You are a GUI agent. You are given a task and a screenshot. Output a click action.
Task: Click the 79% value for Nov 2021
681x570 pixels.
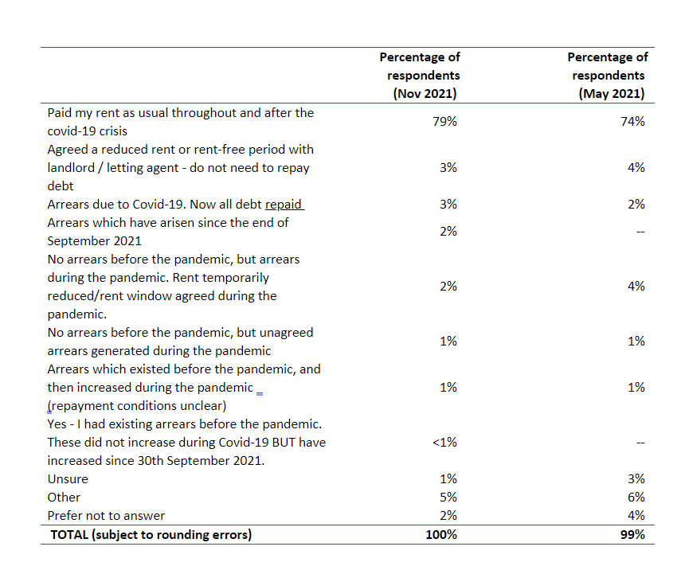pyautogui.click(x=444, y=122)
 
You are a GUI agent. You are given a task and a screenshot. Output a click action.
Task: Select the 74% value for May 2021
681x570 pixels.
pyautogui.click(x=632, y=122)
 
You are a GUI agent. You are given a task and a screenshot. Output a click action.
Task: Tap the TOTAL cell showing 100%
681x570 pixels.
pyautogui.click(x=441, y=534)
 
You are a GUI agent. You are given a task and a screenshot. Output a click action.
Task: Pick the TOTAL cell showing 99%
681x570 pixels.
pyautogui.click(x=632, y=534)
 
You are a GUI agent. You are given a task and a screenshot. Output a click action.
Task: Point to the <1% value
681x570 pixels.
pyautogui.click(x=444, y=443)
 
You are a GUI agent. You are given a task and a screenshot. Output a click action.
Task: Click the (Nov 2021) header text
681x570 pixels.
pyautogui.click(x=425, y=94)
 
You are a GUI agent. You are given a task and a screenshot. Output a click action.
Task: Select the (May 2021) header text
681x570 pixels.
pyautogui.click(x=612, y=94)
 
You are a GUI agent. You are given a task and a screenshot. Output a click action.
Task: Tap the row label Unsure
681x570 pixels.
pyautogui.click(x=68, y=478)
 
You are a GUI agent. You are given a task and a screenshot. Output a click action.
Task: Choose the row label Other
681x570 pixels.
pyautogui.click(x=64, y=497)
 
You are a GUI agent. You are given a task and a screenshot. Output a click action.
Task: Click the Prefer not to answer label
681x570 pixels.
pyautogui.click(x=107, y=516)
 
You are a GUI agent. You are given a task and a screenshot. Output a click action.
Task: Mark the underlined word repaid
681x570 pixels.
pyautogui.click(x=284, y=205)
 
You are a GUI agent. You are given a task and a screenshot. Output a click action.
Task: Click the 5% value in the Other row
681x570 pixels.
pyautogui.click(x=448, y=497)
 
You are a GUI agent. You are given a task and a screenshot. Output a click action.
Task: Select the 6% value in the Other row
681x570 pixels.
pyautogui.click(x=636, y=497)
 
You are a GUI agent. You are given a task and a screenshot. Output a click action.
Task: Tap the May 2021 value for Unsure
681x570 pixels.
pyautogui.click(x=636, y=478)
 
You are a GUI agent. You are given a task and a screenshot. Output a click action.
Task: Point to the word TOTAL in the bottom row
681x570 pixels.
pyautogui.click(x=69, y=534)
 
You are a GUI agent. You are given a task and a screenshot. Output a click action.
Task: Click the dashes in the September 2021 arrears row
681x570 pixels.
pyautogui.click(x=640, y=232)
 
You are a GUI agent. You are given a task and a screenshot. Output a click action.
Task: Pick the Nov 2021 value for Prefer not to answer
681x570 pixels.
pyautogui.click(x=448, y=516)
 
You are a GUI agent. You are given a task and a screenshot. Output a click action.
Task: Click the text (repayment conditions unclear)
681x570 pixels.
pyautogui.click(x=137, y=406)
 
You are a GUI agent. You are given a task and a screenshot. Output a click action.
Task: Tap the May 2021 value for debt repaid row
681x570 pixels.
pyautogui.click(x=636, y=205)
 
